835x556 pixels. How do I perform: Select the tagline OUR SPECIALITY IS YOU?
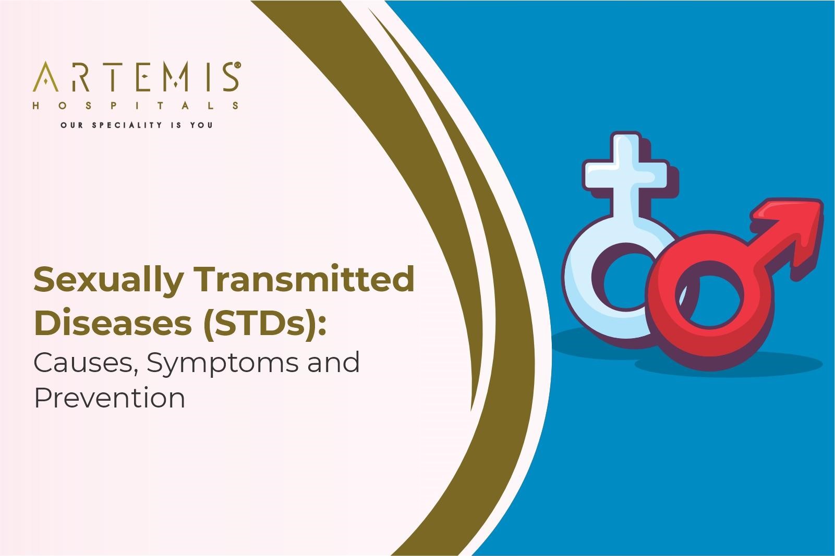(x=136, y=125)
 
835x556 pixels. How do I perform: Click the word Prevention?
(x=110, y=398)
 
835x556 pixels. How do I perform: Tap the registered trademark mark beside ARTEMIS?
(x=237, y=66)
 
